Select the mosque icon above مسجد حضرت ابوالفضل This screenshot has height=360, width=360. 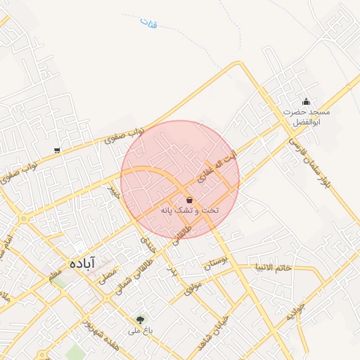click(306, 102)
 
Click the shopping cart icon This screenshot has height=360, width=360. click(57, 150)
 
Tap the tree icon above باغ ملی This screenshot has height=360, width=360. click(140, 319)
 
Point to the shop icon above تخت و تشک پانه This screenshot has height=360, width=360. click(190, 200)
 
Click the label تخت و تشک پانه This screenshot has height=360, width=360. click(190, 211)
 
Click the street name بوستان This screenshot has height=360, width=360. click(216, 266)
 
